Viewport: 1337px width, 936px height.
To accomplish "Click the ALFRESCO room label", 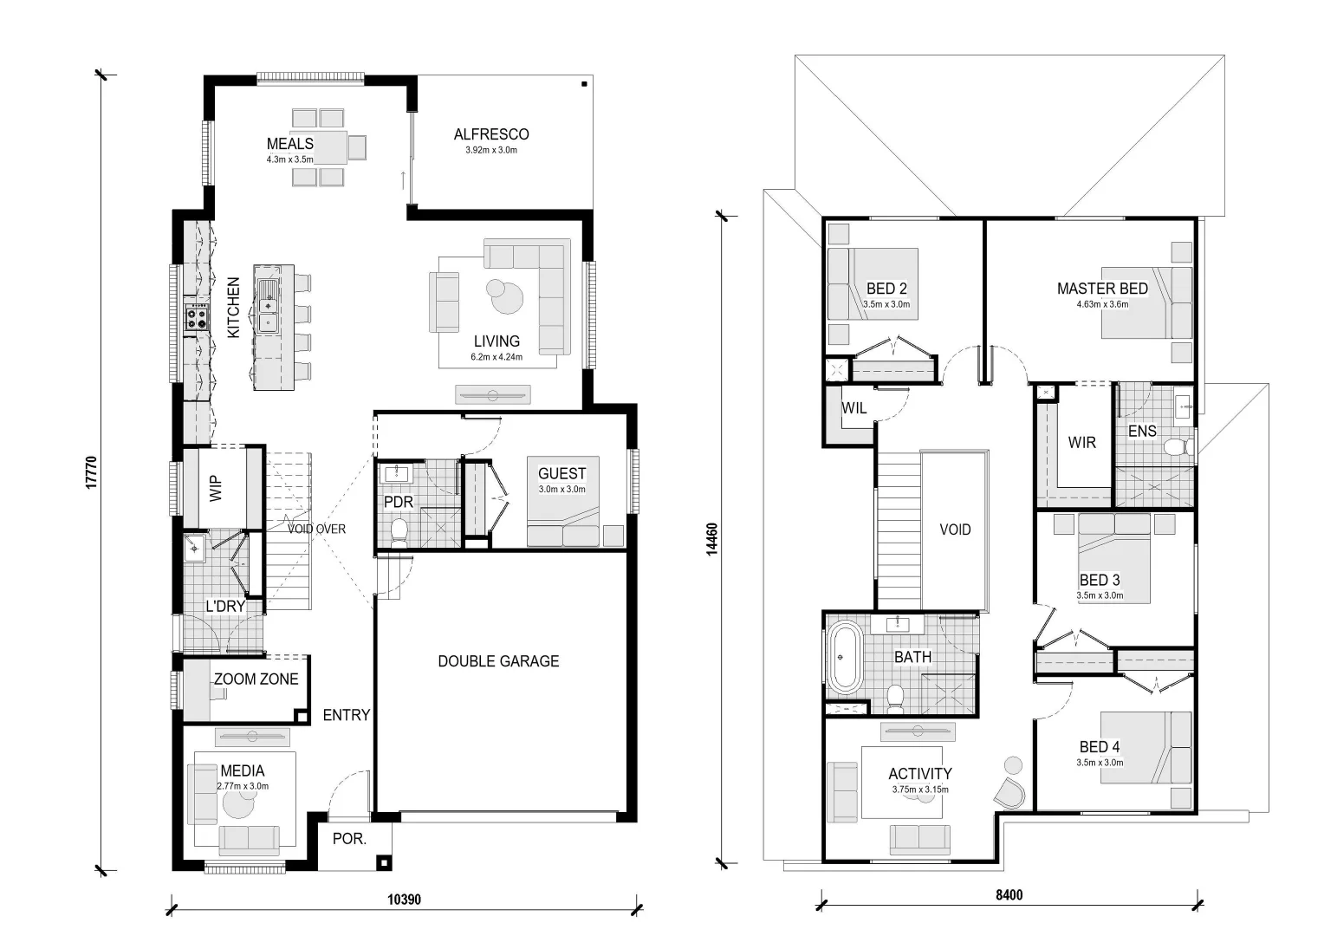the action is pyautogui.click(x=491, y=134).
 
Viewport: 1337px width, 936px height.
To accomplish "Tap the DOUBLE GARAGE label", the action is pyautogui.click(x=498, y=660).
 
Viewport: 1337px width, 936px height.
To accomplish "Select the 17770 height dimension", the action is pyautogui.click(x=91, y=473).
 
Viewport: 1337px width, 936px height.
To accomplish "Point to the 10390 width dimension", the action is pyautogui.click(x=404, y=899).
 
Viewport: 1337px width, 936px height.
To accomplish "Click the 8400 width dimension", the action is pyautogui.click(x=1009, y=894).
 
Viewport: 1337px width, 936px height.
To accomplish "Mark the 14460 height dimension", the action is pyautogui.click(x=711, y=539).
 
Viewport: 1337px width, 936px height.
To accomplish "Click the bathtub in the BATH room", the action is pyautogui.click(x=845, y=657).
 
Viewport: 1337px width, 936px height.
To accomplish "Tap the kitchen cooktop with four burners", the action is pyautogui.click(x=197, y=317).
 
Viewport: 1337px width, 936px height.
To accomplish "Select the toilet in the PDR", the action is pyautogui.click(x=399, y=532).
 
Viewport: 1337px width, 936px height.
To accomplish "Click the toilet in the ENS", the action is pyautogui.click(x=1178, y=447).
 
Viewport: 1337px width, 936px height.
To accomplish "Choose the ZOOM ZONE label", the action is pyautogui.click(x=256, y=679).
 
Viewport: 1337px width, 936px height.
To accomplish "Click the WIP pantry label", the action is pyautogui.click(x=216, y=488).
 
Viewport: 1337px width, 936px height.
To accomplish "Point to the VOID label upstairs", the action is pyautogui.click(x=955, y=530).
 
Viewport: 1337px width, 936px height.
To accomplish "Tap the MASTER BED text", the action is pyautogui.click(x=1102, y=289).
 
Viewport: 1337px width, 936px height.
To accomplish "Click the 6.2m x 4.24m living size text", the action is pyautogui.click(x=497, y=357).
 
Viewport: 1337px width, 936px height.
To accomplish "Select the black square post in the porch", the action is pyautogui.click(x=385, y=863).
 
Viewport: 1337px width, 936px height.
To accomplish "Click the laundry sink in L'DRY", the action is pyautogui.click(x=194, y=548).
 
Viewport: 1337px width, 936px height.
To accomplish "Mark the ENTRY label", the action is pyautogui.click(x=347, y=714).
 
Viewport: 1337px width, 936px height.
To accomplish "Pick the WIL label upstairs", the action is pyautogui.click(x=854, y=408).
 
